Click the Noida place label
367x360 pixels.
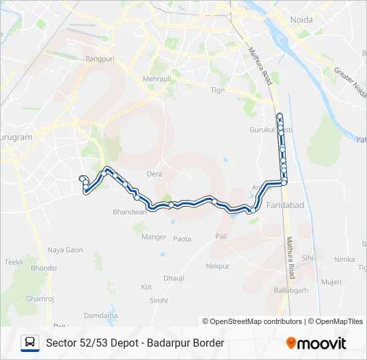(302, 19)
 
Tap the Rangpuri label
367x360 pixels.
(100, 59)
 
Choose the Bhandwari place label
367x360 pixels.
(129, 212)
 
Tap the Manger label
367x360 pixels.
(153, 237)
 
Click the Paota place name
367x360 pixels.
(182, 239)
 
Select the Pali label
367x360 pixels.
(222, 237)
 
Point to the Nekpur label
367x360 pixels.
(218, 266)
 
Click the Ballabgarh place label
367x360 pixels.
(291, 290)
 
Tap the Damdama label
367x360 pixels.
(101, 315)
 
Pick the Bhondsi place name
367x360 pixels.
(43, 268)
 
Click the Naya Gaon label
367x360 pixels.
(65, 250)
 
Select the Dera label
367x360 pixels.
(154, 174)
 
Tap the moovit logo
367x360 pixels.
(316, 343)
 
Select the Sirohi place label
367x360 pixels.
(158, 301)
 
